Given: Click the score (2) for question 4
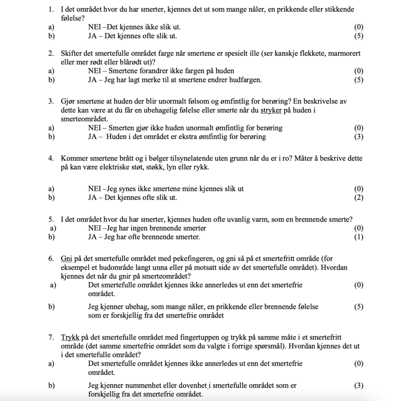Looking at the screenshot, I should (359, 197).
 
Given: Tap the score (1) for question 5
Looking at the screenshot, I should (359, 237).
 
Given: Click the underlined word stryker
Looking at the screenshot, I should (271, 110).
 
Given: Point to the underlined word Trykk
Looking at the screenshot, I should (70, 338).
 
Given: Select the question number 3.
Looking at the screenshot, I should (51, 102).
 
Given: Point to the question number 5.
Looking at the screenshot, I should (51, 220).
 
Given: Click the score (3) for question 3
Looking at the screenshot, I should (359, 137).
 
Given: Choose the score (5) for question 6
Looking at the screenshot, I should (359, 307).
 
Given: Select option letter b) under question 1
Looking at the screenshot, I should (51, 36).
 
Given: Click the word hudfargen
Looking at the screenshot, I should (246, 80).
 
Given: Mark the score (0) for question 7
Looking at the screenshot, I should (359, 364).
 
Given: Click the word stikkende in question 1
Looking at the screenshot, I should (334, 9).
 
